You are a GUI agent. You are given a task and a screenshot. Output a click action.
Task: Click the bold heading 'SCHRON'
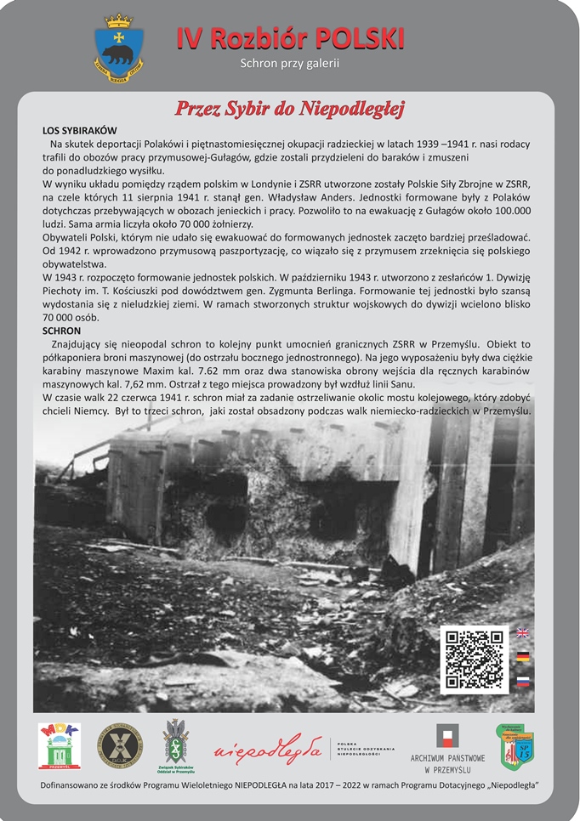[62, 330]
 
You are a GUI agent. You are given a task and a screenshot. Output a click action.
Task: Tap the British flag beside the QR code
[523, 633]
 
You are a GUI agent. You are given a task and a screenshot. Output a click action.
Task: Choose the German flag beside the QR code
[523, 657]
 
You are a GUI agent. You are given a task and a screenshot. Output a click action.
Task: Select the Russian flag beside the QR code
[523, 682]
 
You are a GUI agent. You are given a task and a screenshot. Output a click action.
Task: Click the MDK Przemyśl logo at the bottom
[60, 745]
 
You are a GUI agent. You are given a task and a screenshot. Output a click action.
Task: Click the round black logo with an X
[119, 745]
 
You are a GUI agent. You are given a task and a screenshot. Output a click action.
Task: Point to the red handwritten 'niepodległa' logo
[269, 750]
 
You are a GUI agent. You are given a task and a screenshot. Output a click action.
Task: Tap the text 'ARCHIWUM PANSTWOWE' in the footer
[447, 758]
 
